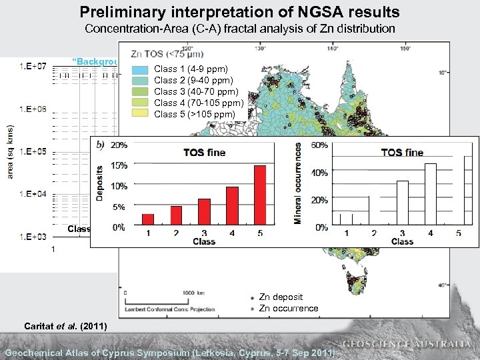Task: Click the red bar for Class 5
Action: [260, 195]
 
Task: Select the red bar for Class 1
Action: [148, 220]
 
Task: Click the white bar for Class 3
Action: [402, 203]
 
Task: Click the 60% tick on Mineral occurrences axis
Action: [319, 145]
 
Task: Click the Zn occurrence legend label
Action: [289, 308]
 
